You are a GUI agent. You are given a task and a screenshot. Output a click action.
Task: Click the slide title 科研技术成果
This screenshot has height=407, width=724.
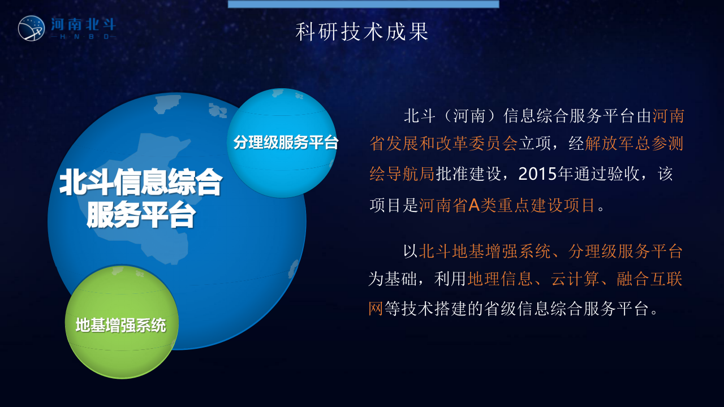point(362,32)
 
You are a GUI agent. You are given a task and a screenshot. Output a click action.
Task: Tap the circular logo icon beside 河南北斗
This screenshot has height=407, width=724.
point(31,28)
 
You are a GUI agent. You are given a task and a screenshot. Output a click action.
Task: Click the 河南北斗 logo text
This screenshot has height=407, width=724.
point(83,24)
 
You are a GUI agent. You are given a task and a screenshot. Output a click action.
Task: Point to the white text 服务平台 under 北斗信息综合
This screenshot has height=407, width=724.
point(141,215)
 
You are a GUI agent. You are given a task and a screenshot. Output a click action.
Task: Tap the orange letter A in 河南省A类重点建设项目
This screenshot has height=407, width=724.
point(473,205)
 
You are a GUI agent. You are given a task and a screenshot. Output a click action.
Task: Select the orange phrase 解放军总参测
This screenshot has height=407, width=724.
point(634,144)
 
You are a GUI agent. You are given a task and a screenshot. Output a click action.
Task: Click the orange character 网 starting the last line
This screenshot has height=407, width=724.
point(376,309)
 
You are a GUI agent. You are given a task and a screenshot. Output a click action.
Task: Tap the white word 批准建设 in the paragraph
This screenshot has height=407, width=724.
point(468,174)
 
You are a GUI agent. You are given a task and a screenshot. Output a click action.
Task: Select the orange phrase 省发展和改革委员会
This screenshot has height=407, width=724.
point(443,144)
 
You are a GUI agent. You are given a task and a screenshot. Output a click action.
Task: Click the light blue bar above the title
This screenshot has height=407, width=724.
point(363,4)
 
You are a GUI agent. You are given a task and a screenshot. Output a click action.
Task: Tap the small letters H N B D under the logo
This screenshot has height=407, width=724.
point(83,37)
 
